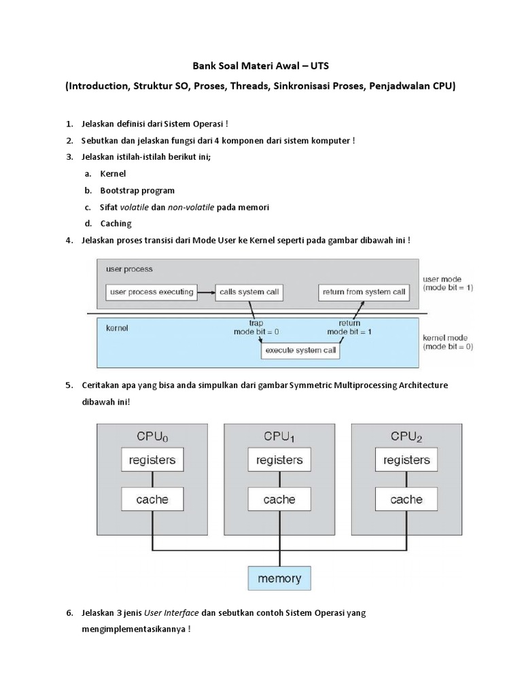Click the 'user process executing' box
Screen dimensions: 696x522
click(152, 292)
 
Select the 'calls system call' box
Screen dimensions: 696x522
click(248, 292)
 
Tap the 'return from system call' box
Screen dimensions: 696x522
click(364, 292)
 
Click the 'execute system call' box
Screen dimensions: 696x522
click(301, 351)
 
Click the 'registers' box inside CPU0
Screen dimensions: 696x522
click(152, 460)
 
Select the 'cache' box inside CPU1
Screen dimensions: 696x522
click(279, 500)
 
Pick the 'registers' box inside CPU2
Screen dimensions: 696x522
click(406, 460)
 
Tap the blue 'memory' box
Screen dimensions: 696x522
click(279, 578)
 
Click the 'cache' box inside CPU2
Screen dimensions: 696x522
click(406, 500)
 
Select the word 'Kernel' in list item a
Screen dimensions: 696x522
click(113, 174)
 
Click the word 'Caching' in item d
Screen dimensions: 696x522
click(116, 224)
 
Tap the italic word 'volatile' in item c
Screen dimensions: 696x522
click(134, 207)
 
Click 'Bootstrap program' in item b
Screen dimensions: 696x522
click(137, 190)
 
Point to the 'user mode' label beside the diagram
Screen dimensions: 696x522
click(442, 279)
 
